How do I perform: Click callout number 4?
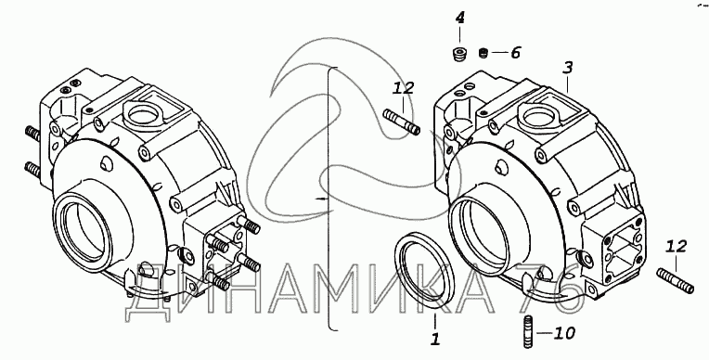click(x=459, y=18)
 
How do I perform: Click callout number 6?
click(x=515, y=53)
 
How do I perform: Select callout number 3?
click(x=567, y=69)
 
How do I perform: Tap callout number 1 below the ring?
click(x=435, y=340)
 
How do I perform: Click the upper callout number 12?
click(x=403, y=87)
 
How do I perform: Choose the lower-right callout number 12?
click(x=677, y=247)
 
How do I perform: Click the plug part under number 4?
click(x=459, y=54)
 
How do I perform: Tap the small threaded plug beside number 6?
click(x=483, y=53)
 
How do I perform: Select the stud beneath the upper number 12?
click(x=402, y=122)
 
